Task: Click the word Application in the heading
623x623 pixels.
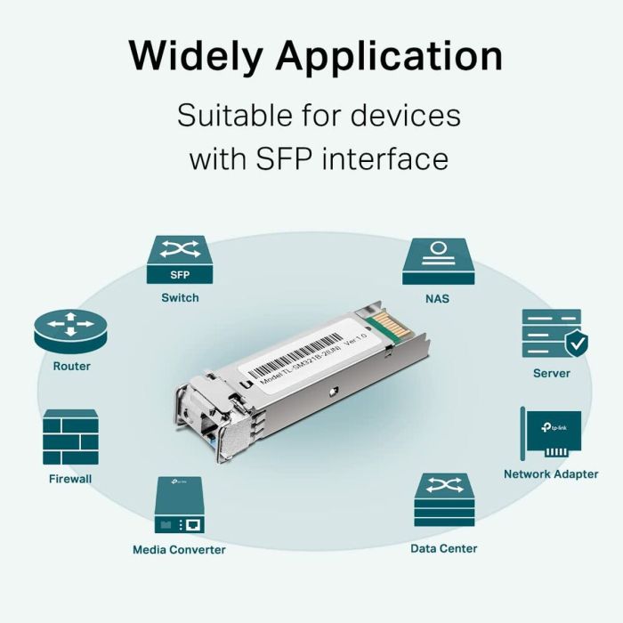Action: pyautogui.click(x=388, y=56)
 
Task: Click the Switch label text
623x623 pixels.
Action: pyautogui.click(x=180, y=297)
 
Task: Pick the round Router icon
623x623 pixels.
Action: pyautogui.click(x=70, y=329)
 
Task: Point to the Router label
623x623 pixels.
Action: pyautogui.click(x=71, y=366)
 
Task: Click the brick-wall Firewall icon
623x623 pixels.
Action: pyautogui.click(x=70, y=437)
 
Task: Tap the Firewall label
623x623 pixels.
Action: pyautogui.click(x=70, y=479)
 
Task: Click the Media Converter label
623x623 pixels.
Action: pyautogui.click(x=179, y=549)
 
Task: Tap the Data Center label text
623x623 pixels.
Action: pyautogui.click(x=443, y=548)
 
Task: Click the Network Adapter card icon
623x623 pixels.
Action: pyautogui.click(x=551, y=433)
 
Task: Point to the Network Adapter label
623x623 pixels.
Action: pyautogui.click(x=551, y=474)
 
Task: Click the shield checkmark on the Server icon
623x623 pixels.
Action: pyautogui.click(x=576, y=341)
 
